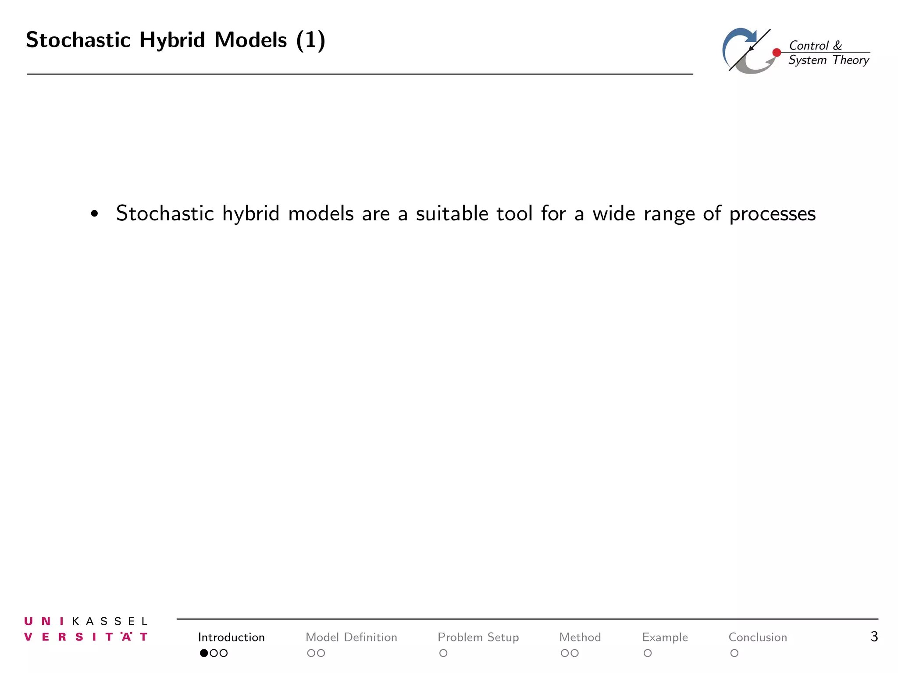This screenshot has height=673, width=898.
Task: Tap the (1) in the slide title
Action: pyautogui.click(x=310, y=40)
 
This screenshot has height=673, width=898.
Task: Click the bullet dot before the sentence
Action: pyautogui.click(x=94, y=214)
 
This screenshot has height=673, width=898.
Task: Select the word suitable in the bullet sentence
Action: pyautogui.click(x=452, y=214)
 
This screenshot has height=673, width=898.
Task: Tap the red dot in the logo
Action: pyautogui.click(x=777, y=53)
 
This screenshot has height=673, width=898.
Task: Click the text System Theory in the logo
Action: pyautogui.click(x=828, y=60)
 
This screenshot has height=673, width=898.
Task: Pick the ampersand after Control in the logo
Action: pyautogui.click(x=837, y=46)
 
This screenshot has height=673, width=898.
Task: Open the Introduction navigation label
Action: pyautogui.click(x=231, y=637)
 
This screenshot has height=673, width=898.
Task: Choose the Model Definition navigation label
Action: pyautogui.click(x=351, y=637)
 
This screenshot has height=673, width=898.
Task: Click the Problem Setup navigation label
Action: pyautogui.click(x=478, y=637)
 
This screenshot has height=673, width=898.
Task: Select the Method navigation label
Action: pyautogui.click(x=580, y=637)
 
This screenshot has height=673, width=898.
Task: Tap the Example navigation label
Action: pyautogui.click(x=665, y=637)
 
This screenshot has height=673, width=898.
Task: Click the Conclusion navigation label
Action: pyautogui.click(x=758, y=637)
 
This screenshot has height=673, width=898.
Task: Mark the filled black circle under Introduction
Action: pyautogui.click(x=204, y=653)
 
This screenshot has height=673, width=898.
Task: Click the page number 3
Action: pyautogui.click(x=874, y=636)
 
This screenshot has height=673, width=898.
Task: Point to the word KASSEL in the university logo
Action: pyautogui.click(x=110, y=621)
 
